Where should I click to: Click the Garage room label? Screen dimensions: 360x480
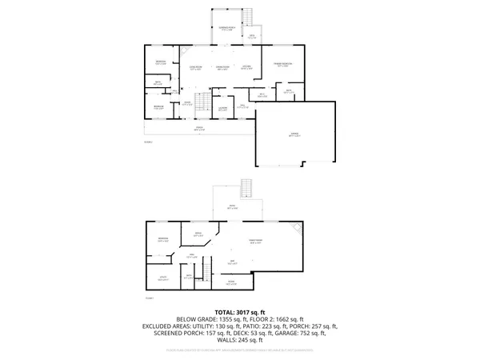click(295, 135)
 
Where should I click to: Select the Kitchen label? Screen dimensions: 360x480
click(247, 67)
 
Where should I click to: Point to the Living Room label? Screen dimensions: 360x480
click(194, 67)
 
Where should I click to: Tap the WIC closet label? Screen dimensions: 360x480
click(262, 95)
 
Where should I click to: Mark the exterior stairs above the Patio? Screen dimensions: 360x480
click(247, 188)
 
